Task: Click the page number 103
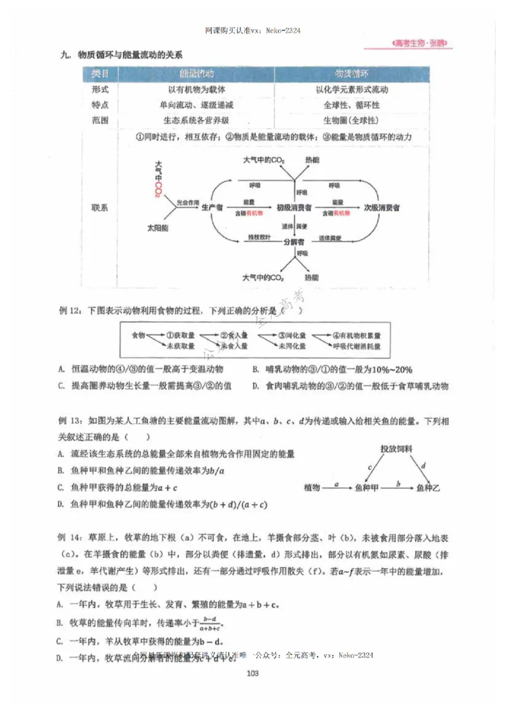253,673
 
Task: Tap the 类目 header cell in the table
100,73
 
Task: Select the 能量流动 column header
197,73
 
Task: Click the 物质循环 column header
352,73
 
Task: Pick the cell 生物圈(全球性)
351,120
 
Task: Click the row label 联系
100,207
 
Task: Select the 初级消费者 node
293,207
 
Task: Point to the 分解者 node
293,242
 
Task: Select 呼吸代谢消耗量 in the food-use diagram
357,346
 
